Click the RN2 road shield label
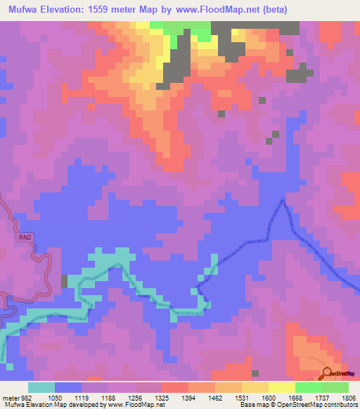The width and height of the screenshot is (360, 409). coord(25,238)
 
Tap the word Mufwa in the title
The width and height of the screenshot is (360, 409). coord(25,9)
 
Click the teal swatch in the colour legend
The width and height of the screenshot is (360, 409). coord(41,387)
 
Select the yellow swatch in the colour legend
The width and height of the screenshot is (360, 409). coord(282,387)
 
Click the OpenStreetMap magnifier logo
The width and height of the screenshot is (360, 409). coord(328,372)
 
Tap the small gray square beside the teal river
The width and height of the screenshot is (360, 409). coord(65,281)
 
